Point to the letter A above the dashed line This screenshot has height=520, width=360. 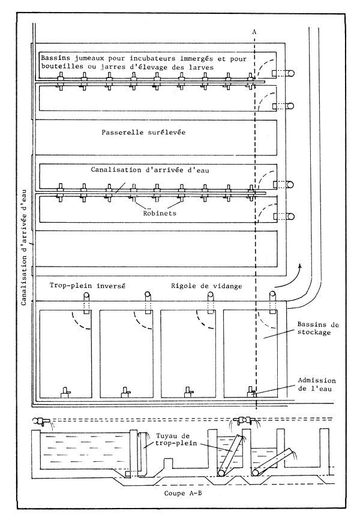coord(256,31)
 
